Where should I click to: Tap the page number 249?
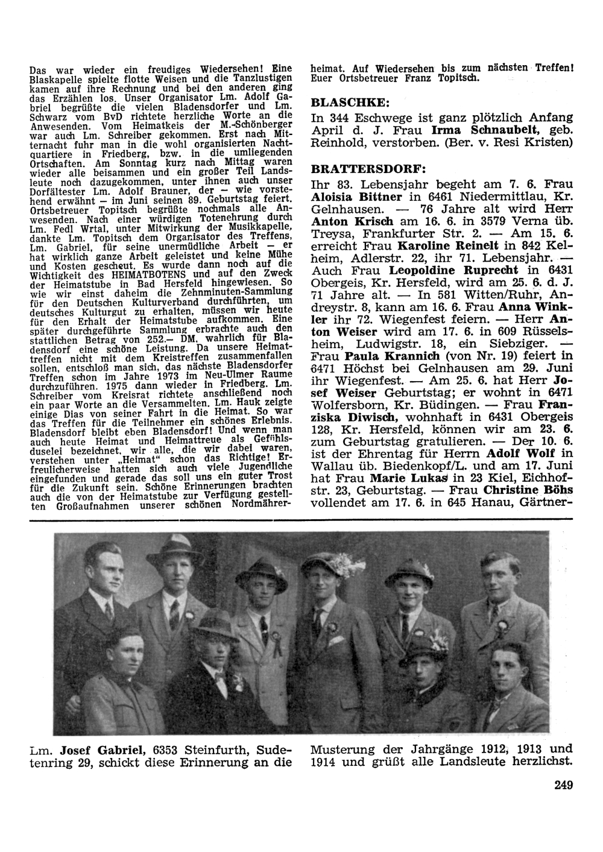click(561, 784)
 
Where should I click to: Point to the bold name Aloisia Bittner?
click(355, 197)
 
